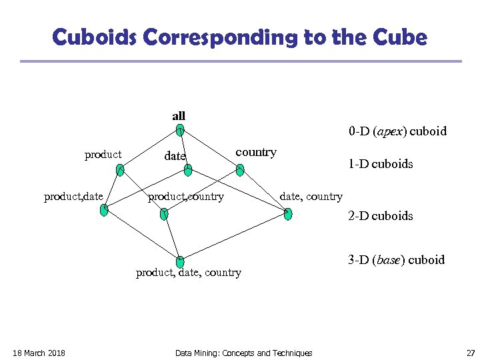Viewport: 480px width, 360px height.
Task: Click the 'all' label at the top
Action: point(179,116)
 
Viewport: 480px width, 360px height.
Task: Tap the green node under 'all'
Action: point(180,131)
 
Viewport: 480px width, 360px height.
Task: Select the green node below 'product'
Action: point(119,170)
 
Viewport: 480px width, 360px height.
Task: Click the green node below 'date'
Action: point(188,171)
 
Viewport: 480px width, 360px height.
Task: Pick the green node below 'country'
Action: point(240,170)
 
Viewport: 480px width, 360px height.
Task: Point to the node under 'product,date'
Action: point(104,211)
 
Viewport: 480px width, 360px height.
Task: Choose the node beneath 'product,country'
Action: point(164,213)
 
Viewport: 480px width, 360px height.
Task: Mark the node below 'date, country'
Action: point(287,213)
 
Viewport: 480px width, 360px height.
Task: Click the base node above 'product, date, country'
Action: point(180,262)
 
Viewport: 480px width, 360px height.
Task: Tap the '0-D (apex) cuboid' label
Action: point(397,131)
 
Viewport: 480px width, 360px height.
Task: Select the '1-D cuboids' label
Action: point(380,163)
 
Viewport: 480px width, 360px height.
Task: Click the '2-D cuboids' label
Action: point(380,216)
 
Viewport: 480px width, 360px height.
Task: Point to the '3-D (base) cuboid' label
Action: point(396,260)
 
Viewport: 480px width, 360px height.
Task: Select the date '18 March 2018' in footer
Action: point(39,353)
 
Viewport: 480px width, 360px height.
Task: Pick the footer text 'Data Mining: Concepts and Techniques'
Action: point(243,353)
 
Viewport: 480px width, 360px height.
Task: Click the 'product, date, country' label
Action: point(189,273)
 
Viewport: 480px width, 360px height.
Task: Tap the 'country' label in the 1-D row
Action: point(256,152)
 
